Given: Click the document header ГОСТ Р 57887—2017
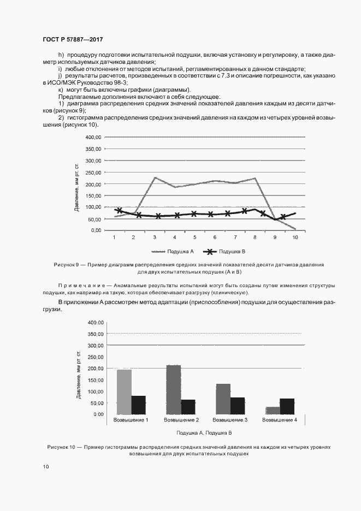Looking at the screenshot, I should pyautogui.click(x=73, y=40).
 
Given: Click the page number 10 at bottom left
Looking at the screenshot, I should pyautogui.click(x=46, y=466).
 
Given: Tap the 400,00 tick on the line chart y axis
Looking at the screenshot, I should pyautogui.click(x=93, y=137).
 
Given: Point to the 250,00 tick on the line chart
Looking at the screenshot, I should pyautogui.click(x=93, y=172).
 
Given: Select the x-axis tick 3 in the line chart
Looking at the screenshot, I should pyautogui.click(x=155, y=237).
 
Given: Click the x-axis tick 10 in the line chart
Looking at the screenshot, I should pyautogui.click(x=295, y=237).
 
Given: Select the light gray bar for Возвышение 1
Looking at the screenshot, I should pyautogui.click(x=125, y=392).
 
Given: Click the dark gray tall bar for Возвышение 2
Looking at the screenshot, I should pyautogui.click(x=174, y=389).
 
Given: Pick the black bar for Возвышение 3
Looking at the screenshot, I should pyautogui.click(x=237, y=406).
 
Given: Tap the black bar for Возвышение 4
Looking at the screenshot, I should pyautogui.click(x=287, y=406).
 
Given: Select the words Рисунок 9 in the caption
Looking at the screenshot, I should pyautogui.click(x=67, y=264).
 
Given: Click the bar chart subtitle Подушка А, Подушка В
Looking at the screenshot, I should pyautogui.click(x=204, y=432).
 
